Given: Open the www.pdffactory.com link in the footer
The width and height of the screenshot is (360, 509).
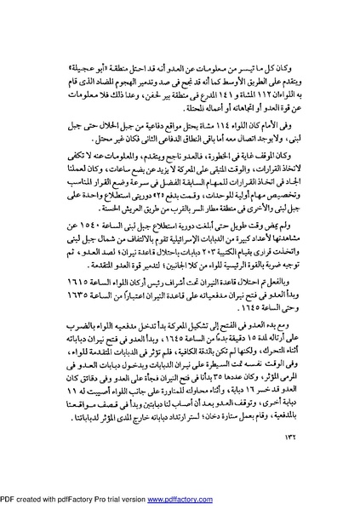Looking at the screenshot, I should point(180,500).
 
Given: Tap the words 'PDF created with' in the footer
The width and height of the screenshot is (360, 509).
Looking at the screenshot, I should point(28,500).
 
